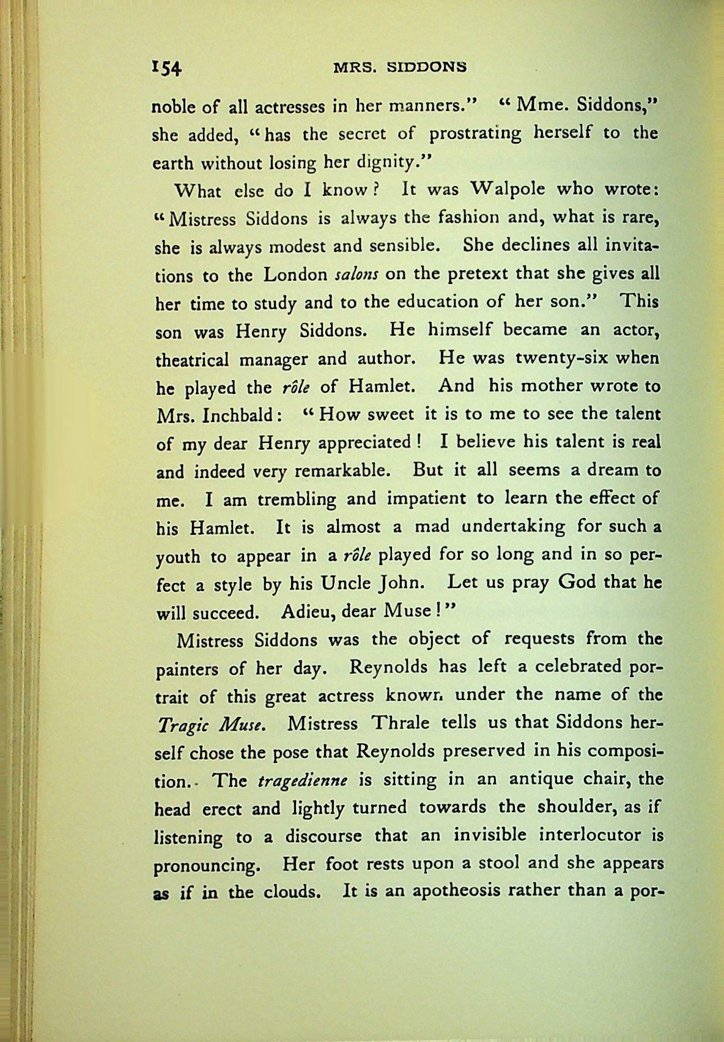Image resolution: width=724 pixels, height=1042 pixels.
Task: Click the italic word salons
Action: pos(358,275)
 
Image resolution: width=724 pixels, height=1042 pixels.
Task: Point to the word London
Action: pos(295,275)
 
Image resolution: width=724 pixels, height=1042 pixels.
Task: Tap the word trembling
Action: pos(297,499)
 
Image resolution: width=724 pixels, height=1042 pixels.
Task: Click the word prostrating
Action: pos(475,135)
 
